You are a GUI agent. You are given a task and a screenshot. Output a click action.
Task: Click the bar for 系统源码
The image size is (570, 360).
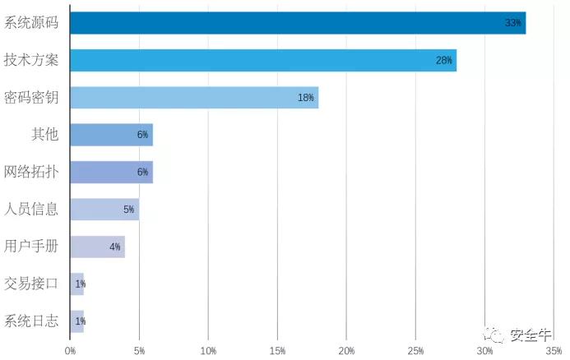[298, 23]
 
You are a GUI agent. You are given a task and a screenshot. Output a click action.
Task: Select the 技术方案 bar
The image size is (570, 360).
[263, 60]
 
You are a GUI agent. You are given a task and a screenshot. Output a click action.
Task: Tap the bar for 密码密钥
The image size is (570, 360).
[194, 97]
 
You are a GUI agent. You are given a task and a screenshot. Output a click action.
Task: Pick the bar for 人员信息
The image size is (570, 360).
[104, 210]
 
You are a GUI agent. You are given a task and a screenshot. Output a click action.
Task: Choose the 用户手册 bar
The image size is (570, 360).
[98, 247]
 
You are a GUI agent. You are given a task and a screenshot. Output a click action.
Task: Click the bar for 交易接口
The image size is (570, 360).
[77, 284]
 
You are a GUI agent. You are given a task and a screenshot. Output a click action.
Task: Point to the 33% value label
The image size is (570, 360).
[513, 23]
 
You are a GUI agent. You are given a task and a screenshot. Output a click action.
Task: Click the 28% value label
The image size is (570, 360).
[444, 60]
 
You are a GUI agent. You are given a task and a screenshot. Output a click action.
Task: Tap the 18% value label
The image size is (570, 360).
[306, 98]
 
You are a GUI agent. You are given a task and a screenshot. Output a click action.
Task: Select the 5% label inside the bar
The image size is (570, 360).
[128, 210]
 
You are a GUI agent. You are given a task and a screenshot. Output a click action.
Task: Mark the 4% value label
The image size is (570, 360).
[115, 247]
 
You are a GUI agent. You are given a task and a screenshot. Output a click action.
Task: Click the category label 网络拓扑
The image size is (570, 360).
[31, 172]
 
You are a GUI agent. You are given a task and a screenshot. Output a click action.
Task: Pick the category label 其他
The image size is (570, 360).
[44, 134]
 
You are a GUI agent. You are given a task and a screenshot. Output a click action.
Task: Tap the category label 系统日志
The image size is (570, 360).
[31, 321]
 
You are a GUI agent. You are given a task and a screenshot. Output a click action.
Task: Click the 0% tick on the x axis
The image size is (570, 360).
[70, 351]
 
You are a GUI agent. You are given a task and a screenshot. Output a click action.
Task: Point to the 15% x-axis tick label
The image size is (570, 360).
[277, 351]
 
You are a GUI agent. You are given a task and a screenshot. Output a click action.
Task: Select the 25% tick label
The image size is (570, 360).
[415, 351]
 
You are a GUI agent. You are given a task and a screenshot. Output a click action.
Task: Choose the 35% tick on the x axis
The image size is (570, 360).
[554, 351]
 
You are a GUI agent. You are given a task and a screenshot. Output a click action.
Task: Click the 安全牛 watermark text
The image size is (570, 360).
[531, 335]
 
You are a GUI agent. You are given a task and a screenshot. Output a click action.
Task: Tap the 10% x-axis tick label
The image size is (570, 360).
[208, 351]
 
